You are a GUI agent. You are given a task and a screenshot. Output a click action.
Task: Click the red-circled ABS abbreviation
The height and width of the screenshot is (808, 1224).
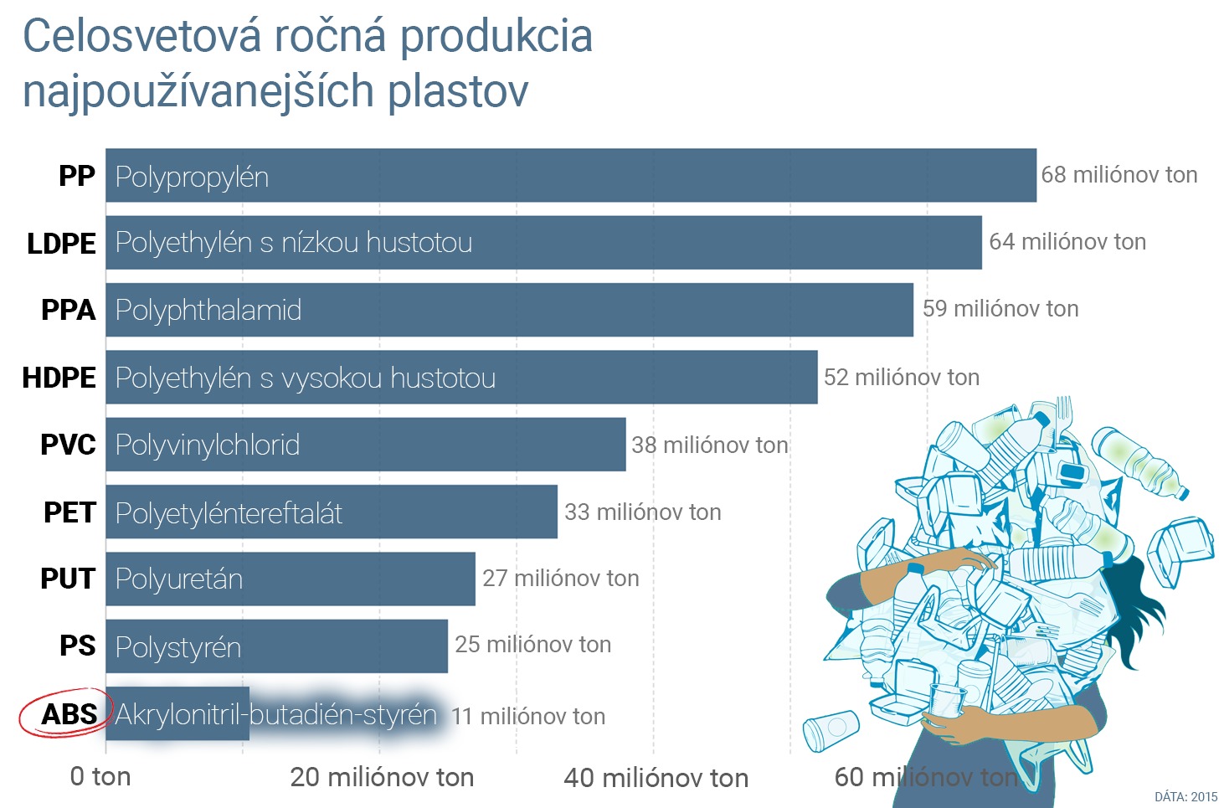point(69,714)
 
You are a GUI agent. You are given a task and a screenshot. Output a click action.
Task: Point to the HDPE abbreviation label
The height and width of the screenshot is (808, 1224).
point(59,378)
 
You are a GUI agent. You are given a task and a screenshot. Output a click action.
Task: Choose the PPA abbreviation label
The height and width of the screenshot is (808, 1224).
point(68,310)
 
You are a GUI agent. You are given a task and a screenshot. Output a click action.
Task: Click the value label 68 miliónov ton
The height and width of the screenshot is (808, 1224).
point(1119,175)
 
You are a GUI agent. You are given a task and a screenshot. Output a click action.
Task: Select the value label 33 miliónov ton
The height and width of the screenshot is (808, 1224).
point(642,512)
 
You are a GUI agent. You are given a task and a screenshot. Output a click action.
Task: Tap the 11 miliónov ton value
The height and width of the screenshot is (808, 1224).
point(527,716)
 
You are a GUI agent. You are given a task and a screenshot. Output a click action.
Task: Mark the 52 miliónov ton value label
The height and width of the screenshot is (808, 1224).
point(901,377)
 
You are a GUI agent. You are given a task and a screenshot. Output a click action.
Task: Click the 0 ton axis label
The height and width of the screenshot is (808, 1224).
point(100,776)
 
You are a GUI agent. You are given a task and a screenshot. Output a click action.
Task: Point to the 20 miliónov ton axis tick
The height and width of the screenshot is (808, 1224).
point(382,777)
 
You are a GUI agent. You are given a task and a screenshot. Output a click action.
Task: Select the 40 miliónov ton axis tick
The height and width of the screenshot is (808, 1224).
point(656,778)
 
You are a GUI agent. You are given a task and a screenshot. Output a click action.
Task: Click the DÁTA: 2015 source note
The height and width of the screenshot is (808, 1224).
point(1185,796)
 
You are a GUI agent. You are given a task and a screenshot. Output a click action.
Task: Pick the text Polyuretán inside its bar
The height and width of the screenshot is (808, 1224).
point(179,579)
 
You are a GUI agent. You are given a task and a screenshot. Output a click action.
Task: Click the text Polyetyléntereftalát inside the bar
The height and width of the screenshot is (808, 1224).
point(229,512)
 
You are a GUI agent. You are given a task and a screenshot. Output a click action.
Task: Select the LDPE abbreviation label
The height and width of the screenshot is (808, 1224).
point(61,243)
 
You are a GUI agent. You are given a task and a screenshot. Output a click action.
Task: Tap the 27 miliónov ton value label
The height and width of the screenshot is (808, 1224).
point(560,578)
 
